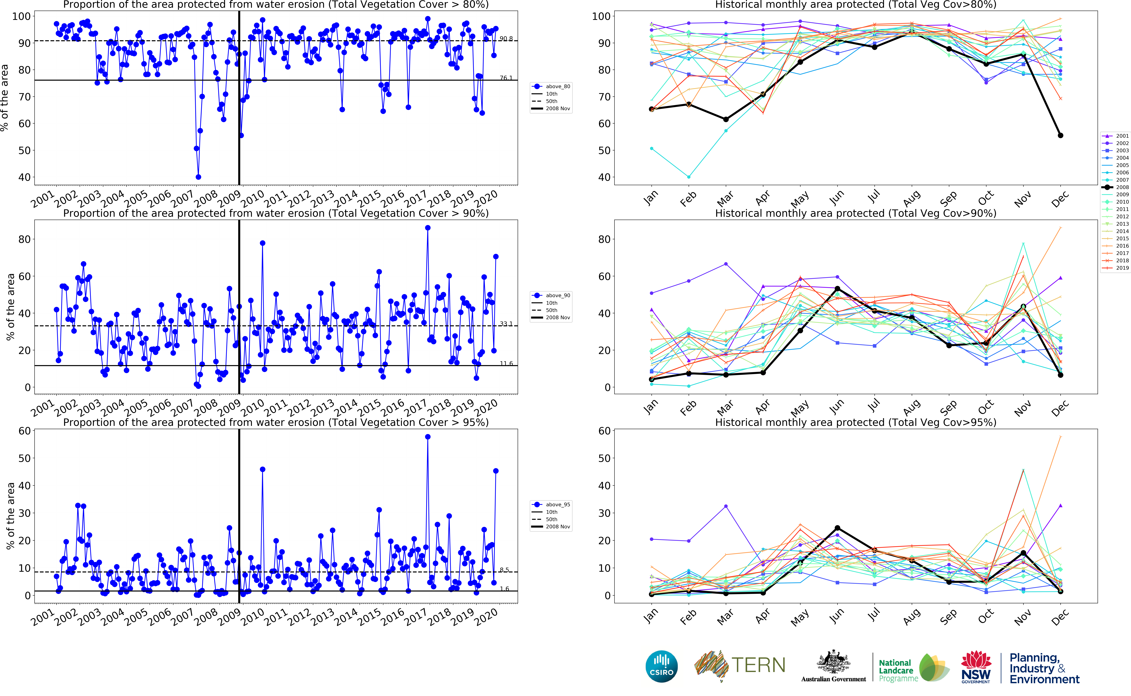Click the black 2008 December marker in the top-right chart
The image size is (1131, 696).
[x=1061, y=135]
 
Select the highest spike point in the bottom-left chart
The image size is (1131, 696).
[x=428, y=437]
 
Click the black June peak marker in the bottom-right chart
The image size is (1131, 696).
[x=838, y=528]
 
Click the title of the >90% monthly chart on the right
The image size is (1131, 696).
[x=856, y=213]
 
